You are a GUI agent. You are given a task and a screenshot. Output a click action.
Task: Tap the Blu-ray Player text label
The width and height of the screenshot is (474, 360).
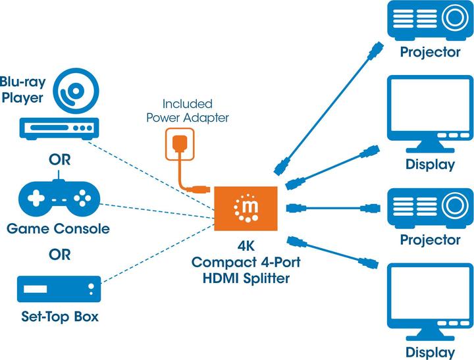[x=22, y=91]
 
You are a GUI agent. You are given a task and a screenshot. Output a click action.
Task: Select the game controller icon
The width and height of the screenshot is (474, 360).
[x=59, y=197]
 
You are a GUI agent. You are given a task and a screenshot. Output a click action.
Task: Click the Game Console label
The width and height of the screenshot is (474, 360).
[x=58, y=229]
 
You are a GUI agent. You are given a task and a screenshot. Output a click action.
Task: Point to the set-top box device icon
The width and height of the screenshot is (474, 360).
[x=59, y=290]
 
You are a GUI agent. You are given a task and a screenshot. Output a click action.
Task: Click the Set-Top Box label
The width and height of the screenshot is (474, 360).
[x=59, y=317]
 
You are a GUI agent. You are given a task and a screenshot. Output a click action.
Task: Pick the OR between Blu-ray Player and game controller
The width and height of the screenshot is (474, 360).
[x=59, y=160]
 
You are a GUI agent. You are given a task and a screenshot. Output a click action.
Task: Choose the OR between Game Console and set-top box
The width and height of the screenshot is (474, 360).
[x=59, y=254]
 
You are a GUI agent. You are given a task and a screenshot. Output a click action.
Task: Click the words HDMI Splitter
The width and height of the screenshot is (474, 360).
[x=247, y=278]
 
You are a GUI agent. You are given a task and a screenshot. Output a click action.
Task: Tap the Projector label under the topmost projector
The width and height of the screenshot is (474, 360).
[x=431, y=52]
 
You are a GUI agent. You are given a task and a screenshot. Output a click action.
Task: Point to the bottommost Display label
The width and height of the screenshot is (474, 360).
[x=431, y=351]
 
